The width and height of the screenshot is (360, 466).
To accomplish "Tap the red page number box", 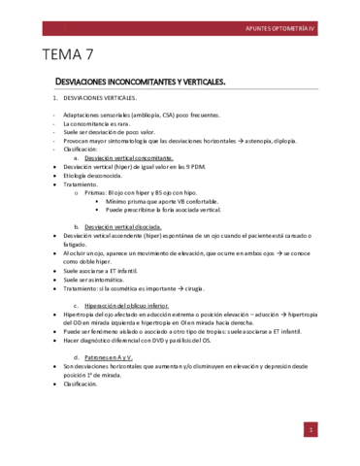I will point(309,428).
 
